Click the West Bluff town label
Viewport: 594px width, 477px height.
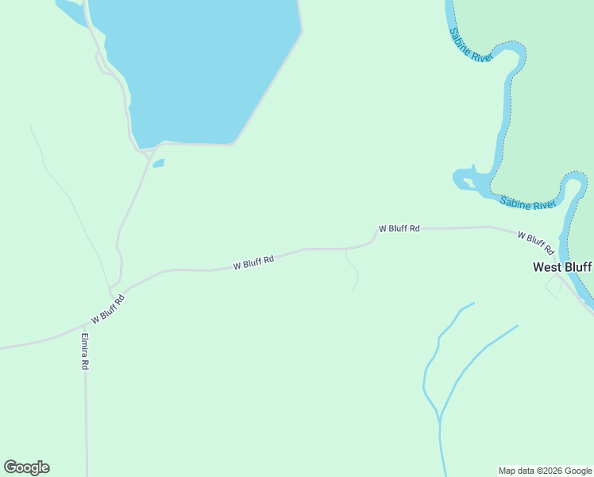(x=562, y=267)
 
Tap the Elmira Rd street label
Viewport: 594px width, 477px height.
(x=83, y=351)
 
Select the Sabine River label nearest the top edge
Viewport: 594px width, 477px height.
(x=471, y=45)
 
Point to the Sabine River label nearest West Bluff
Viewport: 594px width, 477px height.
(x=527, y=203)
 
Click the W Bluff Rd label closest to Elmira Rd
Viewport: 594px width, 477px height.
(x=108, y=308)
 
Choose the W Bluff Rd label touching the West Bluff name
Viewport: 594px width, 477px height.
(x=534, y=238)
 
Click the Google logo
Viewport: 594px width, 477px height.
(x=26, y=467)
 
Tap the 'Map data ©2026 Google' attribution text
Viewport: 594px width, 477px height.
(x=546, y=471)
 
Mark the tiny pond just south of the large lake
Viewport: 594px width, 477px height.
(x=158, y=164)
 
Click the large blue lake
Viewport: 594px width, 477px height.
(x=199, y=64)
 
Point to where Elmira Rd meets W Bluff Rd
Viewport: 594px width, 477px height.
(x=84, y=324)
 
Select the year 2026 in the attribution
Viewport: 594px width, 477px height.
(x=542, y=471)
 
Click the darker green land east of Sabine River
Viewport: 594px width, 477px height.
(x=548, y=95)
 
